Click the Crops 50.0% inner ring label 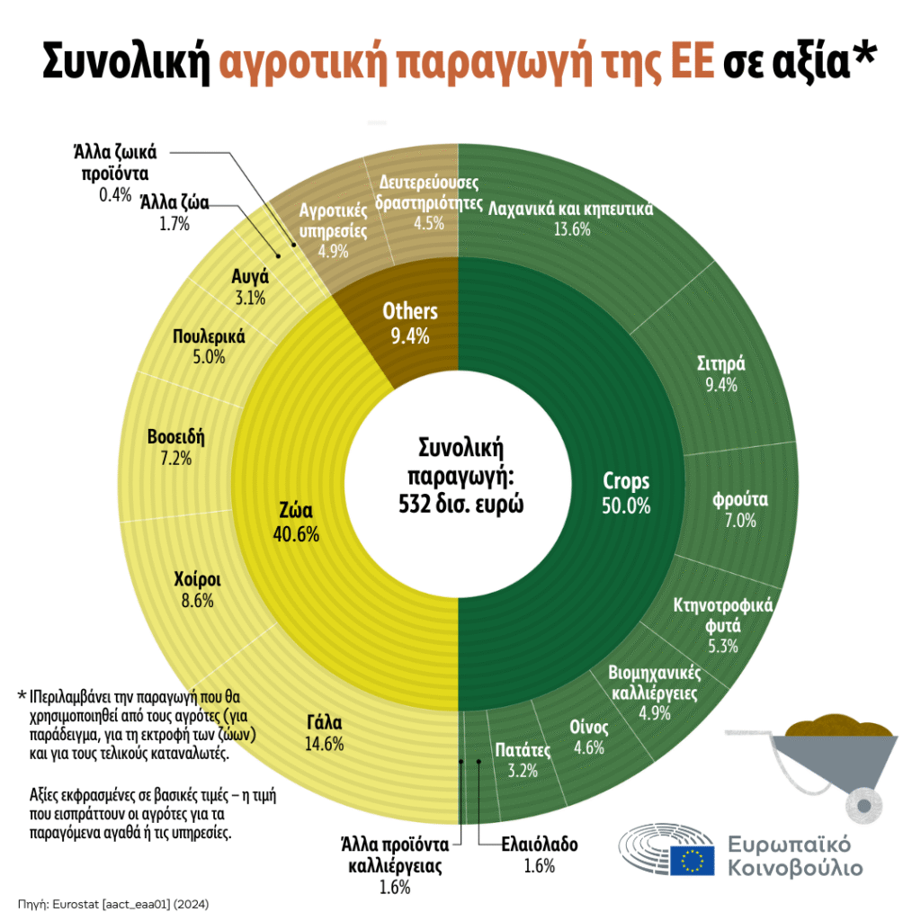point(626,493)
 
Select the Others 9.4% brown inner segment point(409,323)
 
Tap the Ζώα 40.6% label point(295,523)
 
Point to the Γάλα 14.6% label point(325,732)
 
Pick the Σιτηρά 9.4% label point(721,374)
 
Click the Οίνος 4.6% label point(589,736)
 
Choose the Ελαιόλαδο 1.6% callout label point(539,854)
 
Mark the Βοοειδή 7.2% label point(176,448)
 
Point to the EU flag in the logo point(693,861)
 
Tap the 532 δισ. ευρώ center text point(460,504)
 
